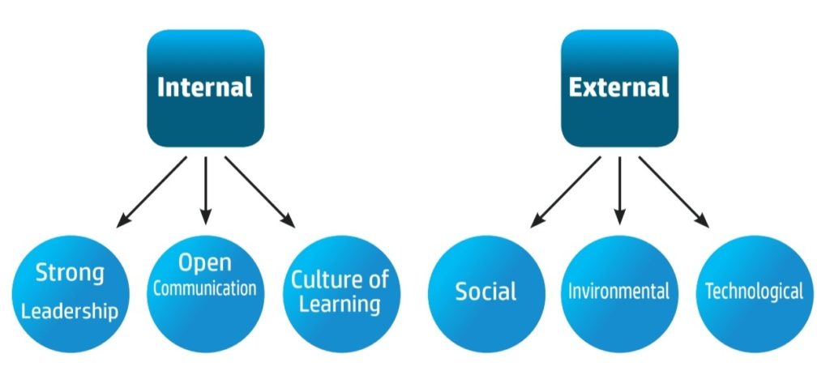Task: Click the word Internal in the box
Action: point(205,87)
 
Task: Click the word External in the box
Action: point(619,87)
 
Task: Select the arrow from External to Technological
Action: point(674,191)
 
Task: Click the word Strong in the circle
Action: point(70,272)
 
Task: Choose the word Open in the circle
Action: point(205,263)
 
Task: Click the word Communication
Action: point(205,288)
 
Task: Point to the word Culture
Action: point(324,280)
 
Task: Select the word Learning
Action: point(340,305)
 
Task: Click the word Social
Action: point(486,292)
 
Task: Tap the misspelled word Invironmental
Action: point(619,291)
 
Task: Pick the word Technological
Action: point(754,291)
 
